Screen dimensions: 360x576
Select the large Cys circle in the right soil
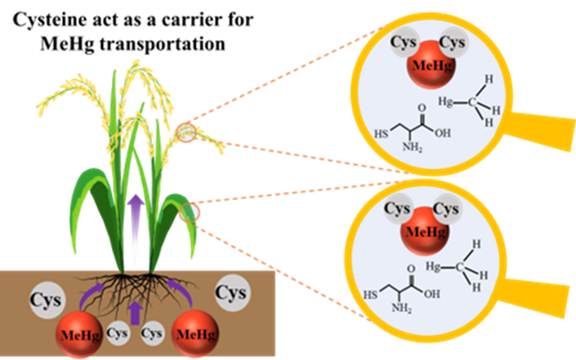[x=231, y=292]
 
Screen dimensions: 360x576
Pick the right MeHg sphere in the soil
[x=196, y=332]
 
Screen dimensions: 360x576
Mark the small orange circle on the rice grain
[x=185, y=132]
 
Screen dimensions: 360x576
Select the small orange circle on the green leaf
[x=189, y=212]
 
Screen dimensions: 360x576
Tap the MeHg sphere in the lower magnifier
[x=422, y=233]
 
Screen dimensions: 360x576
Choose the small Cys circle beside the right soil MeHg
[x=153, y=334]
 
